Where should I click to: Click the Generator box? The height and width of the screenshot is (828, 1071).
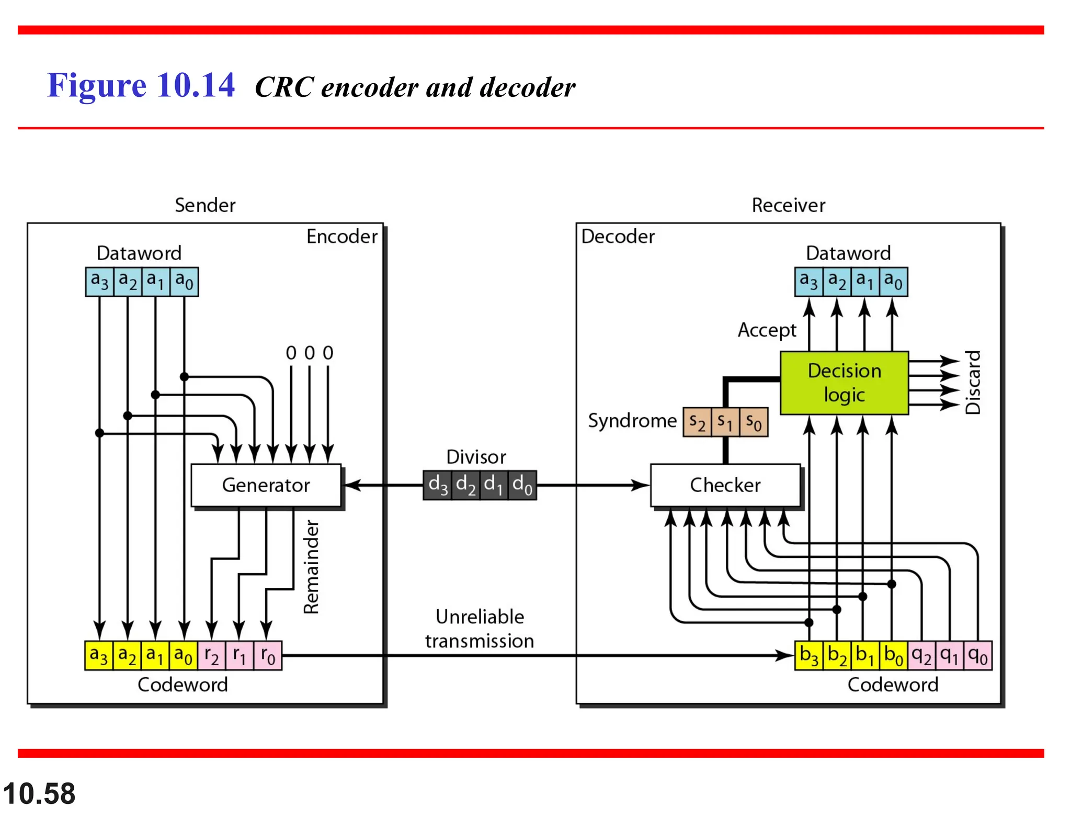(x=266, y=485)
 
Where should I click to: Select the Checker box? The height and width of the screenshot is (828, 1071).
(x=725, y=485)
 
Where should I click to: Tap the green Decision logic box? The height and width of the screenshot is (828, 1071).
(x=844, y=383)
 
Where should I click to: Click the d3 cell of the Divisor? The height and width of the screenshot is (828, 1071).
(x=437, y=485)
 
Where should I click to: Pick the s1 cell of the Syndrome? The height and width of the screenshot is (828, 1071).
(x=725, y=422)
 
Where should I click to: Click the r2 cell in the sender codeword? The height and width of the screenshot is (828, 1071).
(x=211, y=655)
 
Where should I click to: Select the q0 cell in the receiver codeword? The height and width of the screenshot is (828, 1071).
(x=977, y=655)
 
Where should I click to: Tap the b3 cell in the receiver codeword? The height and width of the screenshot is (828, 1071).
(x=808, y=655)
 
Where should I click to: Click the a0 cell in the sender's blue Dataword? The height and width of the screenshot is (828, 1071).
(x=184, y=282)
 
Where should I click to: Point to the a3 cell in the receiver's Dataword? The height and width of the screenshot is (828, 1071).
(x=808, y=282)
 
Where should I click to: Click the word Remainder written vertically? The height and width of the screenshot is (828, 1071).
(x=312, y=566)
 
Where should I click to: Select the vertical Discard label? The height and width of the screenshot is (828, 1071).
(x=973, y=383)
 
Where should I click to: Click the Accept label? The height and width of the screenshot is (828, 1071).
(x=767, y=330)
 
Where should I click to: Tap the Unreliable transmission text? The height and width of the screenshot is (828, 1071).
(x=480, y=629)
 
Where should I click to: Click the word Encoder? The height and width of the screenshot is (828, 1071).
(x=341, y=237)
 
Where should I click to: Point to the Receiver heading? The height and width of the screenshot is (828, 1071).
(x=788, y=205)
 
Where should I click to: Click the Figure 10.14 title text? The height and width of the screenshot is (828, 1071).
(x=141, y=85)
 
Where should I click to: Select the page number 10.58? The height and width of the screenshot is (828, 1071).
(x=39, y=793)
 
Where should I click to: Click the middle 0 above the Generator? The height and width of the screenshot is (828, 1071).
(x=310, y=353)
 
